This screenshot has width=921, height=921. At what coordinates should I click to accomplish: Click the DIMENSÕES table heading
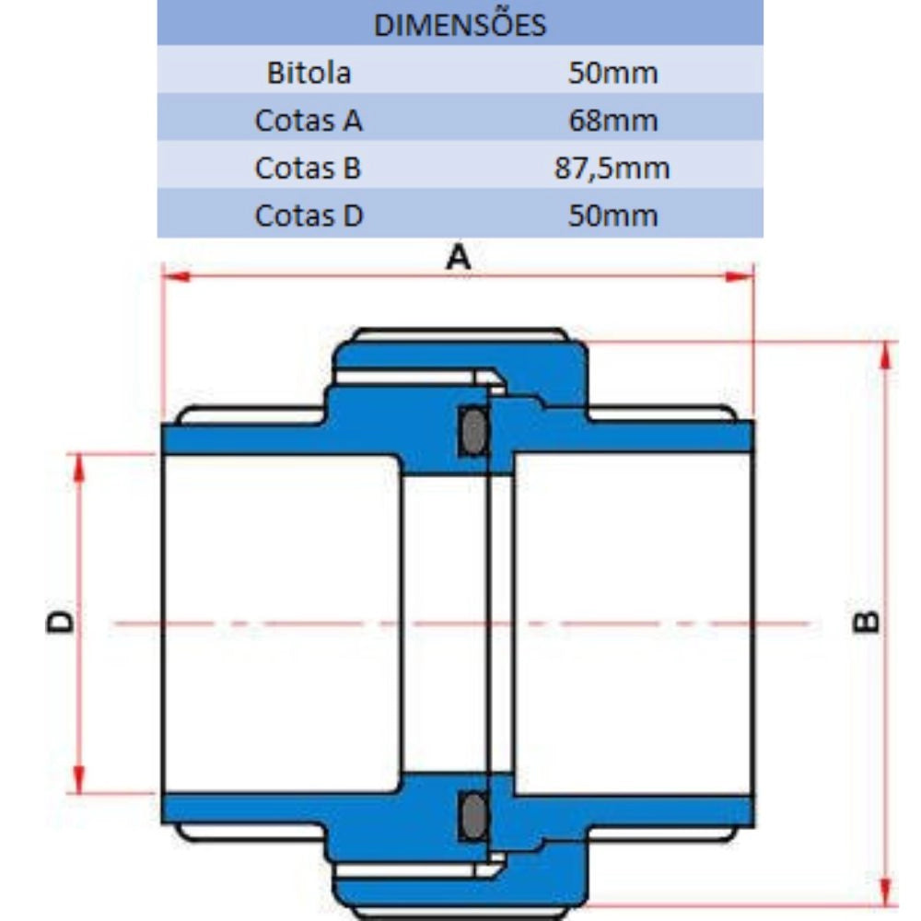pyautogui.click(x=460, y=25)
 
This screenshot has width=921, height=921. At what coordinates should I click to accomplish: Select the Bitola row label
pyautogui.click(x=309, y=73)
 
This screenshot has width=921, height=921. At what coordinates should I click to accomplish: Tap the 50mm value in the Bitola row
pyautogui.click(x=612, y=74)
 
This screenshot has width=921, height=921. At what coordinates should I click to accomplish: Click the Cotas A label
pyautogui.click(x=309, y=121)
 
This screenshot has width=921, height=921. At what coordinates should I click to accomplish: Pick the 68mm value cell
pyautogui.click(x=612, y=121)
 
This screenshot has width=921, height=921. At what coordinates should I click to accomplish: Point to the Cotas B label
pyautogui.click(x=308, y=168)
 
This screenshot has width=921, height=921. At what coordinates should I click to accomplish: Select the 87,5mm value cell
pyautogui.click(x=612, y=169)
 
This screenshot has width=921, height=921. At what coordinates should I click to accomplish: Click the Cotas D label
pyautogui.click(x=309, y=216)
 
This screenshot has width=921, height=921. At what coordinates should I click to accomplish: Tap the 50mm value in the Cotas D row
pyautogui.click(x=612, y=216)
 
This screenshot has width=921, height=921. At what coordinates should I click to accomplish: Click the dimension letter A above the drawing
pyautogui.click(x=458, y=257)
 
